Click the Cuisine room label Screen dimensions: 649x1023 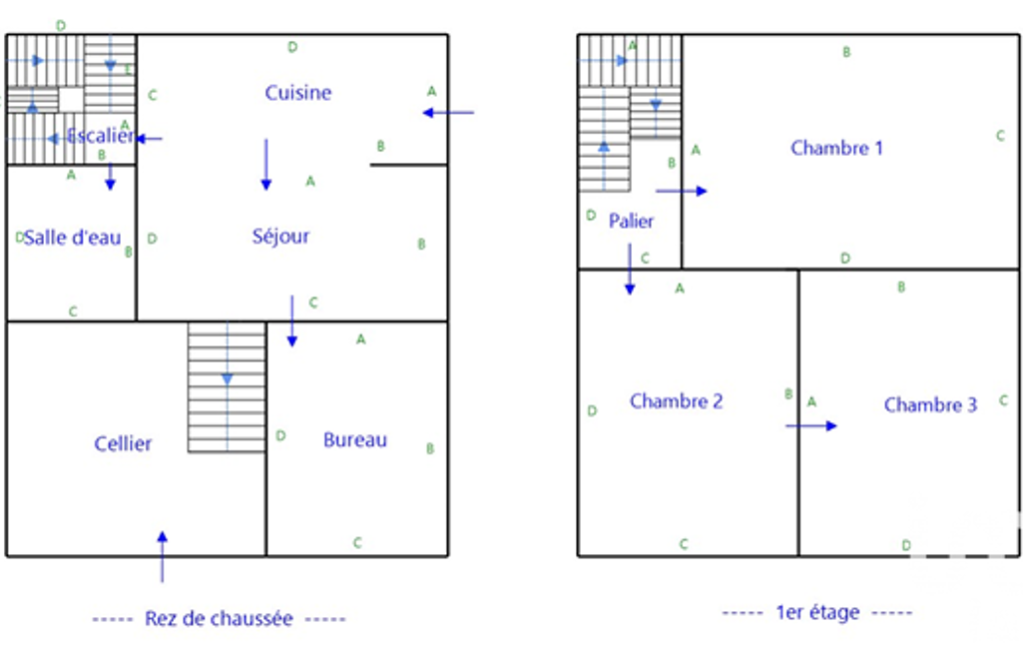click(x=297, y=93)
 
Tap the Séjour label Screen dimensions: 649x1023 click(x=280, y=237)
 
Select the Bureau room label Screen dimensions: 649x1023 click(x=355, y=440)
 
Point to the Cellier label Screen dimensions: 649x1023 click(x=123, y=443)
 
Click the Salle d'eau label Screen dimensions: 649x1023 click(x=72, y=238)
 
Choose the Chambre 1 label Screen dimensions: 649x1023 click(x=836, y=148)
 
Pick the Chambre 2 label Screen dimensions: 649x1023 click(x=676, y=401)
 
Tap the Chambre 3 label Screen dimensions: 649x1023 click(x=930, y=404)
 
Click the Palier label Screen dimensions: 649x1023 click(x=631, y=221)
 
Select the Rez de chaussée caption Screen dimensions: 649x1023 click(x=219, y=619)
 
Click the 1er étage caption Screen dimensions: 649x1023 click(x=817, y=612)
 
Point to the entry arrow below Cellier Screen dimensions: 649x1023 click(x=162, y=556)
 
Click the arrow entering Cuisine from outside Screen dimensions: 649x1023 click(x=448, y=113)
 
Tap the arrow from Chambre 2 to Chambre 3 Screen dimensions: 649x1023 click(x=811, y=425)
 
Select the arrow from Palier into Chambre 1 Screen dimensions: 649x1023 click(x=681, y=191)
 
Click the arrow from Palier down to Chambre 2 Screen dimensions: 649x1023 click(x=630, y=270)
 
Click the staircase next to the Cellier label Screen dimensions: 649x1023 click(x=227, y=387)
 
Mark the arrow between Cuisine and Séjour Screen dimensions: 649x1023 click(x=265, y=165)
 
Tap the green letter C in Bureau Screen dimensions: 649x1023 click(x=357, y=543)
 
